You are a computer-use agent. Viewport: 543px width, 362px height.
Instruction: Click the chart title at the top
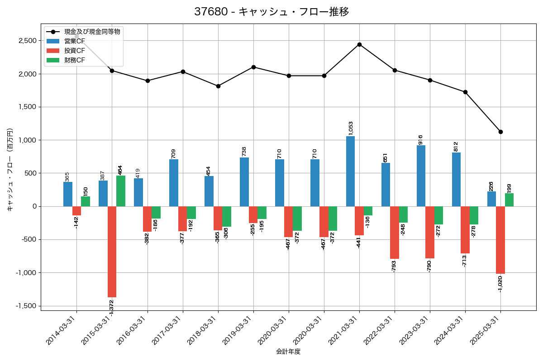271,12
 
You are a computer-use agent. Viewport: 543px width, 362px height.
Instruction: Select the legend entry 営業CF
75,41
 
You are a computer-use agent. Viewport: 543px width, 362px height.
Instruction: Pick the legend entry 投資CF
75,51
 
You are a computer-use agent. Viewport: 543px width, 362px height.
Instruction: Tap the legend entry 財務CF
75,60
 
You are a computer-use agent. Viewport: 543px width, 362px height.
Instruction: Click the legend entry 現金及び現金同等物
92,32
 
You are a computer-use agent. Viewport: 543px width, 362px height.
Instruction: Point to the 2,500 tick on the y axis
27,41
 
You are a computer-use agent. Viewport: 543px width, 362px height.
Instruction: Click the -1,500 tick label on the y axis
26,306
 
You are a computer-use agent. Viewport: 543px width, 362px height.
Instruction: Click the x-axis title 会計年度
288,352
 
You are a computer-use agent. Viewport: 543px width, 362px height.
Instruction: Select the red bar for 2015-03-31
112,252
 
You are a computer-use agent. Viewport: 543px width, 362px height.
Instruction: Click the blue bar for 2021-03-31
350,171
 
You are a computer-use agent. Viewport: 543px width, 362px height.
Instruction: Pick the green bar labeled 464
121,191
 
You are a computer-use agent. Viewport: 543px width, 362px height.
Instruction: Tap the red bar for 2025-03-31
500,240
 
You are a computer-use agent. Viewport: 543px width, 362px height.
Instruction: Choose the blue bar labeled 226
491,199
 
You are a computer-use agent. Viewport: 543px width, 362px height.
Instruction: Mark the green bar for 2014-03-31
86,201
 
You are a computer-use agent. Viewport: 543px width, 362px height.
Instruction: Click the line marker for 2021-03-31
359,44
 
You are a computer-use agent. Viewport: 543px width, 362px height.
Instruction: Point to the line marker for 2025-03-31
500,132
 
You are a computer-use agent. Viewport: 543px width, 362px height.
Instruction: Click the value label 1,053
351,128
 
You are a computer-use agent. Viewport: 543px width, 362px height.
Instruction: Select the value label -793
394,266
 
